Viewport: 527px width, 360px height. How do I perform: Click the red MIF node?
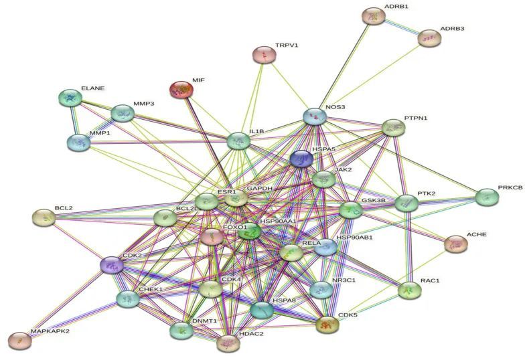coord(180,90)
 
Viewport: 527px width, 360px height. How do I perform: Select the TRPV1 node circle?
coord(264,56)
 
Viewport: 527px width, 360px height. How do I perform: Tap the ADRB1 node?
coord(373,16)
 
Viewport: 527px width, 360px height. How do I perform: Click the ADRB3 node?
coord(429,38)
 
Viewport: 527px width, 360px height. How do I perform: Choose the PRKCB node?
coord(486,197)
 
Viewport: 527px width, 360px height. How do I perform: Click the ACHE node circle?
coord(456,244)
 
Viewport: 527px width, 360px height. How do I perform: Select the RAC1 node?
coord(410,290)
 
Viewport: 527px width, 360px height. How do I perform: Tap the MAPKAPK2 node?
coord(21,341)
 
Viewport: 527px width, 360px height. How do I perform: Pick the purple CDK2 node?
coord(112,266)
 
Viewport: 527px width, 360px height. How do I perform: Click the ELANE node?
coord(70,98)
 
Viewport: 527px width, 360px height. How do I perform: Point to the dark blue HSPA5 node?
coord(301,159)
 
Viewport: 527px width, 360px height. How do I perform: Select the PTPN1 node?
coord(393,127)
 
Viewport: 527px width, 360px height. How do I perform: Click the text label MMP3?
coord(144,104)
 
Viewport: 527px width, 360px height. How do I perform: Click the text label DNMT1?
coord(204,321)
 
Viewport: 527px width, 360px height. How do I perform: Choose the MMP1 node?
coord(78,142)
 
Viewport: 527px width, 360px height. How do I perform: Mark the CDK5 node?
coord(327,325)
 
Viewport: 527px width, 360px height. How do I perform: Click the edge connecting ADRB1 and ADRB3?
coord(400,27)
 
